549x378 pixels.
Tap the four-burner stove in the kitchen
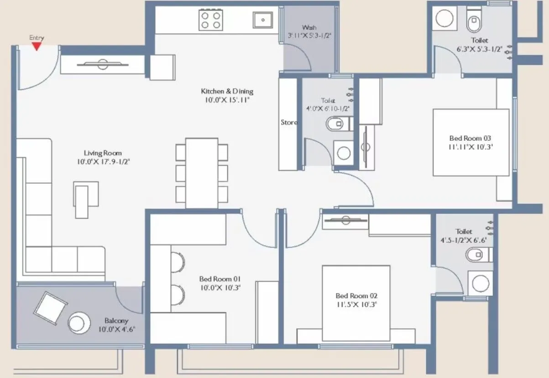tap(210, 20)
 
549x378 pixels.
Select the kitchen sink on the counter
tap(263, 20)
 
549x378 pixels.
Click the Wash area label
tap(309, 27)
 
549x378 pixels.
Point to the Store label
tap(289, 122)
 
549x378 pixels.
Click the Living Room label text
tap(103, 153)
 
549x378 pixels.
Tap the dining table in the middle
tap(201, 173)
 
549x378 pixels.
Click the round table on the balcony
tap(79, 322)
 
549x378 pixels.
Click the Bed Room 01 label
tap(220, 279)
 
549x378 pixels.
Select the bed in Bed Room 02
tap(356, 303)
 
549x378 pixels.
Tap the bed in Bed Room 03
tap(471, 142)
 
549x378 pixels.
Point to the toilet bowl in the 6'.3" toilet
tap(475, 20)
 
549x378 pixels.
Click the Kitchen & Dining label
tap(227, 91)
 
